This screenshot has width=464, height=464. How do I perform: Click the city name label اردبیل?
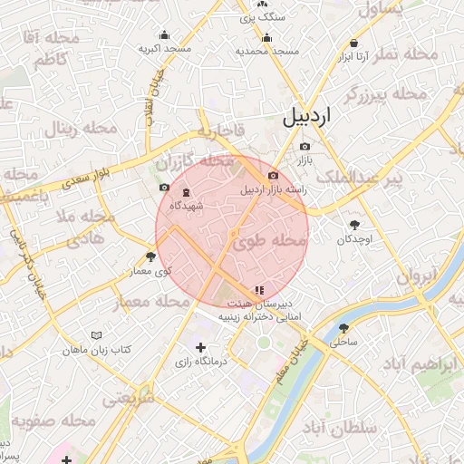(307, 117)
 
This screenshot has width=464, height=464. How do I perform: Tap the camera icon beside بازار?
(304, 146)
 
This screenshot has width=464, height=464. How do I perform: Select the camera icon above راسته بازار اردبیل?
(273, 176)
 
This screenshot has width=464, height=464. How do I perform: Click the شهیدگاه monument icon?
(187, 192)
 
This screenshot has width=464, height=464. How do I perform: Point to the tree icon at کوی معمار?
(150, 257)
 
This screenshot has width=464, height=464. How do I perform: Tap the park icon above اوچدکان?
(353, 225)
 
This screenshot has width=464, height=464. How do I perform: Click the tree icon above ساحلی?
(344, 328)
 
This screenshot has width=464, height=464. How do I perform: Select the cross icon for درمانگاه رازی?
(200, 347)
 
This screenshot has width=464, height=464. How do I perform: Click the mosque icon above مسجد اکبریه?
(164, 34)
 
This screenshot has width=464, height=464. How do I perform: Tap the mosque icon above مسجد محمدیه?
(266, 38)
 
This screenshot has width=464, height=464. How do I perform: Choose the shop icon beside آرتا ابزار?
(353, 43)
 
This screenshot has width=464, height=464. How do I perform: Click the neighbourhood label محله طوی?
(271, 241)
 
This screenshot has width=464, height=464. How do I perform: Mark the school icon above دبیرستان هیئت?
(260, 290)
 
